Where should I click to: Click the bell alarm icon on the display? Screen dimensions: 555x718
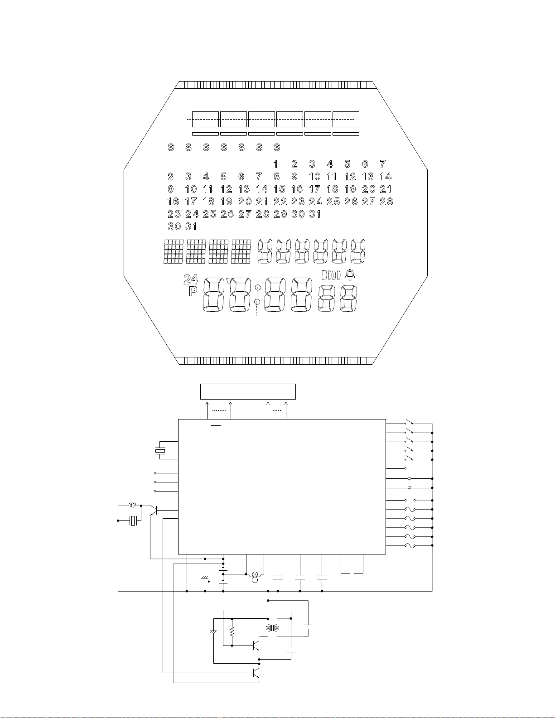pyautogui.click(x=350, y=275)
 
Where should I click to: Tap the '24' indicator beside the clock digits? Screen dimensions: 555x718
pyautogui.click(x=191, y=279)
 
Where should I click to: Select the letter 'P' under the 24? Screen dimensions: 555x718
pyautogui.click(x=193, y=291)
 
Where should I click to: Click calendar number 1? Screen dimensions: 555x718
pyautogui.click(x=276, y=164)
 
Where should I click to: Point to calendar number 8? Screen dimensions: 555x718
pyautogui.click(x=276, y=177)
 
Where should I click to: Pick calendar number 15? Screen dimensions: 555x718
pyautogui.click(x=279, y=189)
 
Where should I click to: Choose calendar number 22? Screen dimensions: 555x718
pyautogui.click(x=280, y=202)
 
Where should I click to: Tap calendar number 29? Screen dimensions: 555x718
pyautogui.click(x=280, y=214)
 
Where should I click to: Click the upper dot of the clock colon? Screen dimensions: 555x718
pyautogui.click(x=257, y=287)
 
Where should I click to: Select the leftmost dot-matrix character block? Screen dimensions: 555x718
pyautogui.click(x=173, y=251)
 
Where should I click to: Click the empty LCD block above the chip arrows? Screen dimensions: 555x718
pyautogui.click(x=248, y=391)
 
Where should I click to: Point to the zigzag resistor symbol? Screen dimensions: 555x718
pyautogui.click(x=232, y=631)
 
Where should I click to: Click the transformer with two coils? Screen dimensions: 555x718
pyautogui.click(x=272, y=628)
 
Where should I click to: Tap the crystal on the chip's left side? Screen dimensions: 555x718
pyautogui.click(x=160, y=451)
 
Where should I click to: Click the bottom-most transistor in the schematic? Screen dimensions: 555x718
pyautogui.click(x=255, y=672)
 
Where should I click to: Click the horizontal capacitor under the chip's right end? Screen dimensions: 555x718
pyautogui.click(x=352, y=573)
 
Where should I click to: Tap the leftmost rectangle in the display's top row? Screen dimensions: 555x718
pyautogui.click(x=205, y=119)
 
